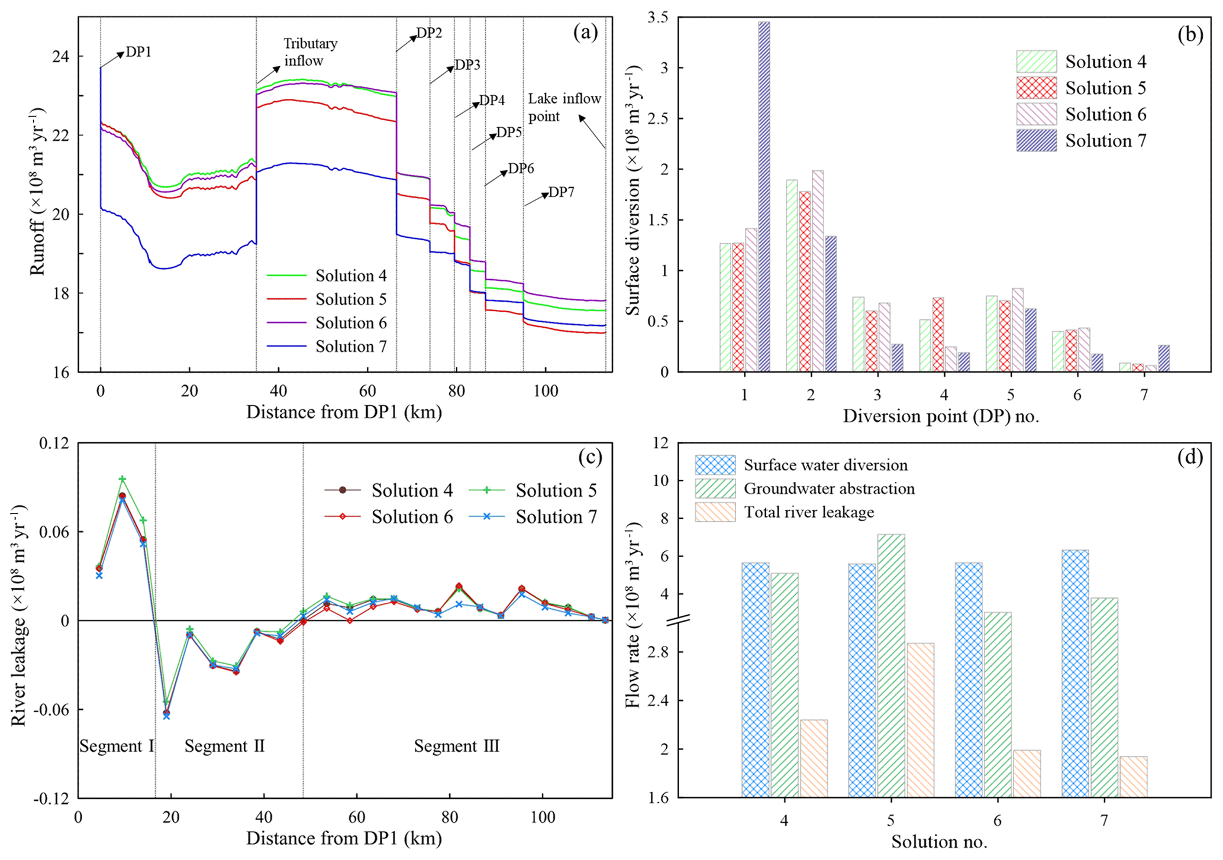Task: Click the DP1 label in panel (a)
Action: pos(138,52)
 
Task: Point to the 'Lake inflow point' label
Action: pos(564,107)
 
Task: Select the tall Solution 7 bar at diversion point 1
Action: pos(764,196)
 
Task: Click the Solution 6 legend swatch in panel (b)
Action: pos(1036,114)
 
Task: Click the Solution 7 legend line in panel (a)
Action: pos(286,347)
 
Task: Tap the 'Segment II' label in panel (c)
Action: pos(224,746)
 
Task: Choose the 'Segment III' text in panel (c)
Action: pos(456,746)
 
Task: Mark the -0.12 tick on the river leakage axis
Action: pos(53,798)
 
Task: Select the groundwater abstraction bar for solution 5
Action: pos(890,665)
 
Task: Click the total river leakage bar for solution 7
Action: pos(1133,777)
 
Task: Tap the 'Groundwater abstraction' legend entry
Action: pos(829,489)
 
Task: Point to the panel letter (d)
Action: pos(1190,457)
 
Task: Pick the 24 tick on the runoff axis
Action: pos(60,56)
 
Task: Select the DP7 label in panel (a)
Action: pos(561,192)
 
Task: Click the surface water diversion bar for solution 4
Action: pos(755,680)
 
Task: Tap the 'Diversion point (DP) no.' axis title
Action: pos(941,416)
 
